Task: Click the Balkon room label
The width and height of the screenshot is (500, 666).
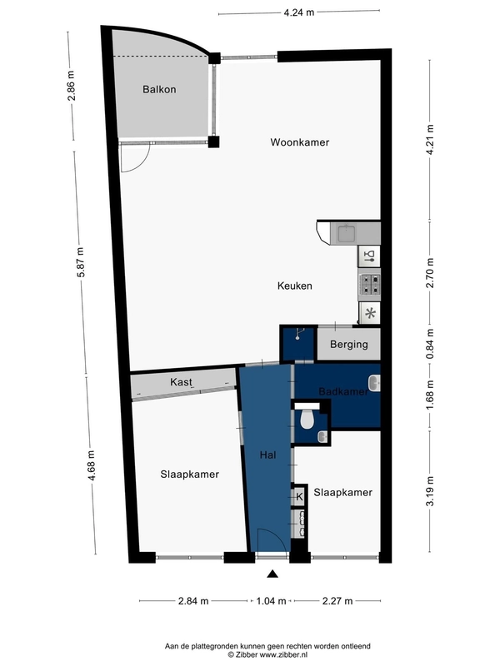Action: [x=159, y=89]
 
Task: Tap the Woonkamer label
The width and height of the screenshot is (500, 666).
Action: [x=300, y=142]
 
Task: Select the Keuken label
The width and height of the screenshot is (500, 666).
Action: [x=295, y=286]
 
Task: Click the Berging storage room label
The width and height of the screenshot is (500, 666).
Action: [x=349, y=344]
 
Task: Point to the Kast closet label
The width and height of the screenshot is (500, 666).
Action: [x=181, y=382]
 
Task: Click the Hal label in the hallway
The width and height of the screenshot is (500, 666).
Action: [x=267, y=455]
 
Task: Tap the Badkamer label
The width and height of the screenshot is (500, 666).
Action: [x=343, y=391]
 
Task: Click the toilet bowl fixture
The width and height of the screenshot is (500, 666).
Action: [x=307, y=420]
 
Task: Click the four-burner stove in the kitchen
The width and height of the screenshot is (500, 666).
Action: [x=370, y=285]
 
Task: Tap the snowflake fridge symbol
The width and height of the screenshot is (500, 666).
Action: [x=370, y=314]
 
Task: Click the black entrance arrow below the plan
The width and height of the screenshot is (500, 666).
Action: [x=272, y=574]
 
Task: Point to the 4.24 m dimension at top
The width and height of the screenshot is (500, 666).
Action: [x=299, y=12]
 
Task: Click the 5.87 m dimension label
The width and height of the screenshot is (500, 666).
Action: [x=80, y=262]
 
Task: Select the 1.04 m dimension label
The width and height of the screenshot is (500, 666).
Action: [x=272, y=601]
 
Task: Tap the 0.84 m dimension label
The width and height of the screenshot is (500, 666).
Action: [x=430, y=344]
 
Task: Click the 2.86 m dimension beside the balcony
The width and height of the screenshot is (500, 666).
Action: [x=71, y=86]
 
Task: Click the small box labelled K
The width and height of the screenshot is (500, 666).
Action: [x=299, y=496]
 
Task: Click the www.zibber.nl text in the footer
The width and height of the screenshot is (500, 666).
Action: [x=283, y=655]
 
